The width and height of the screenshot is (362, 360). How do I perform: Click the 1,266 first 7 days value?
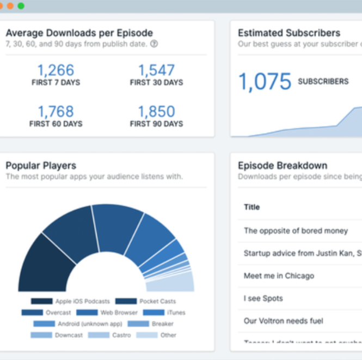click(x=55, y=70)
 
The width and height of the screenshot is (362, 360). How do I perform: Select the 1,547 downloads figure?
click(x=156, y=70)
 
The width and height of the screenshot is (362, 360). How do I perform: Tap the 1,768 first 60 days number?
click(x=55, y=112)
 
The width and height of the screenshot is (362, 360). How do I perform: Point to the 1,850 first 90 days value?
click(x=156, y=112)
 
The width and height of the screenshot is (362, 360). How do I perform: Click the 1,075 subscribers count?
click(x=265, y=82)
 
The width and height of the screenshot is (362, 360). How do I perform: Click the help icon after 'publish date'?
click(x=154, y=44)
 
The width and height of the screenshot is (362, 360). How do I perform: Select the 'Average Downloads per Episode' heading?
click(x=79, y=33)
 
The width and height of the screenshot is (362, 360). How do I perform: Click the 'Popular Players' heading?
click(x=41, y=166)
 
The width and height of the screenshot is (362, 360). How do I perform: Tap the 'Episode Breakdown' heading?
click(x=283, y=166)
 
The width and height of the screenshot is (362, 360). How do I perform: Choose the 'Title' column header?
click(x=251, y=207)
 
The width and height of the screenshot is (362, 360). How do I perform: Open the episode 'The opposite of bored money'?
click(x=296, y=230)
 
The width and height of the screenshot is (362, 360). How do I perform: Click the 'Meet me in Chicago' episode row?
click(x=279, y=276)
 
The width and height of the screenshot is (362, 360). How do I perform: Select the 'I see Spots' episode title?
click(x=263, y=298)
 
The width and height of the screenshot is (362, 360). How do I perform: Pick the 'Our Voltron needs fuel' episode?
click(x=283, y=321)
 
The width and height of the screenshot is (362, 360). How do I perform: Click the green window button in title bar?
click(x=21, y=6)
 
